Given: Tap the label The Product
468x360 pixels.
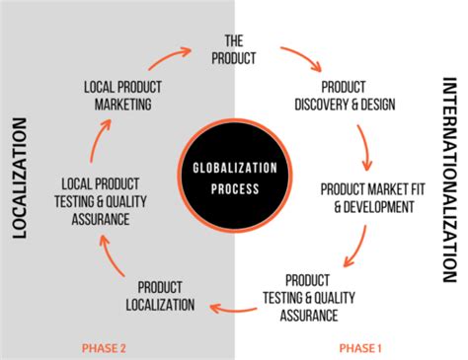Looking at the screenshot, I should (233, 49).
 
